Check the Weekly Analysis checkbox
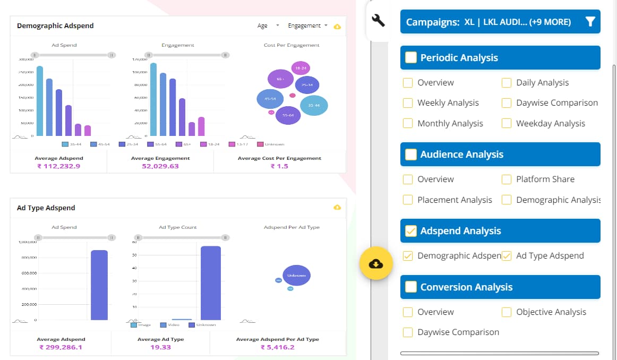point(408,103)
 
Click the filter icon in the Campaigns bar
point(590,22)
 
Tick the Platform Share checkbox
point(507,179)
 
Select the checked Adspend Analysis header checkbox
point(410,231)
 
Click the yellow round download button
point(375,263)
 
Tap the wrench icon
point(378,21)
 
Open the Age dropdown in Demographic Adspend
point(268,26)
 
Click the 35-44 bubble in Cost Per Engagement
point(314,105)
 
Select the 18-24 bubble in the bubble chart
point(301,68)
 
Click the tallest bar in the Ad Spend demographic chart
point(40,101)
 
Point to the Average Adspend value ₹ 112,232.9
point(58,166)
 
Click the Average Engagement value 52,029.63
point(160,166)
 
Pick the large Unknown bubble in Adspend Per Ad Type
point(296,276)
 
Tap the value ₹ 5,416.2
point(277,347)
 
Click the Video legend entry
point(170,325)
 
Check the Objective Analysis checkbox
point(507,312)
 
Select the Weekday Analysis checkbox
point(507,124)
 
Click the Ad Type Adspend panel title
point(46,208)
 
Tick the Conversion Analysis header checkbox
point(410,287)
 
